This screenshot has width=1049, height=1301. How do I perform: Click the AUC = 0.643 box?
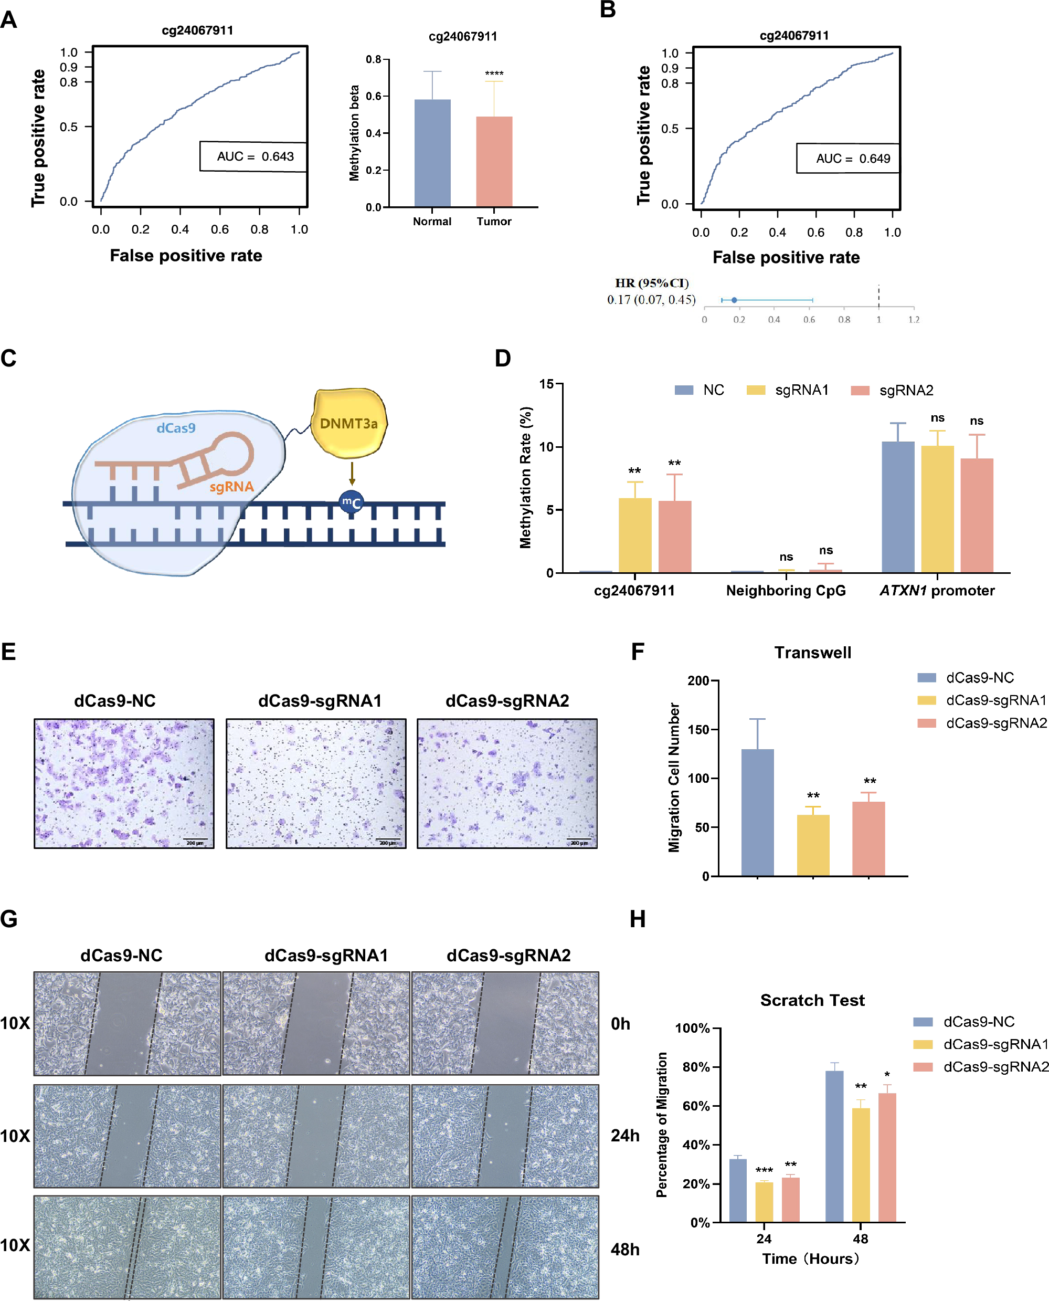[x=254, y=156]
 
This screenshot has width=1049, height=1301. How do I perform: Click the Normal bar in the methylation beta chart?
[x=432, y=153]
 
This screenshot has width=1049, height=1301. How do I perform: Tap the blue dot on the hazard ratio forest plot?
[x=734, y=300]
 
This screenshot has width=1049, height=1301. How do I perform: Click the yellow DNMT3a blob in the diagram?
[x=348, y=423]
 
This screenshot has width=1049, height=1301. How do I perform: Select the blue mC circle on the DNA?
[x=351, y=502]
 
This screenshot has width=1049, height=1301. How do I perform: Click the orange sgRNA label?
[x=231, y=487]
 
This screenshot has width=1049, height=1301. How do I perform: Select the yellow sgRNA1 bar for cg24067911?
[x=634, y=535]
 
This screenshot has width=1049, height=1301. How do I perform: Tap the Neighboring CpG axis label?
[x=786, y=591]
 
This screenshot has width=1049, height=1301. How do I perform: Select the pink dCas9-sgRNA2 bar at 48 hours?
[x=887, y=1157]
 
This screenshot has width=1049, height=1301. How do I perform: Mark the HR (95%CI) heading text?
[x=651, y=283]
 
